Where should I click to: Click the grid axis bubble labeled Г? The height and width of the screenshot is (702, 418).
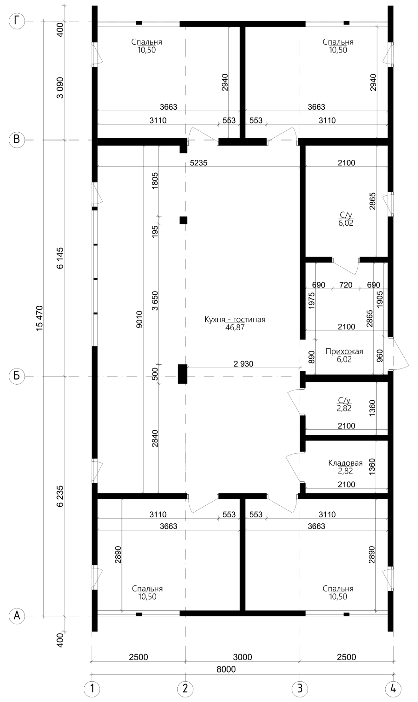17,21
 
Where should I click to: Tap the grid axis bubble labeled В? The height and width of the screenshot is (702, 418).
17,140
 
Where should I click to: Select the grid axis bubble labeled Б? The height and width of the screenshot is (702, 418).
17,375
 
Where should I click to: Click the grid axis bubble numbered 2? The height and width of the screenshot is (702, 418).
185,689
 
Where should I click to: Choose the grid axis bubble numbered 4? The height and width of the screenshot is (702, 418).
394,689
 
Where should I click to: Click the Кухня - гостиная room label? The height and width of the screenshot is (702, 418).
235,320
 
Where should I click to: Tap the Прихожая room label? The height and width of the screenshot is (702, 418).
344,351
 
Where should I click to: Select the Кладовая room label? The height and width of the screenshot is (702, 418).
345,463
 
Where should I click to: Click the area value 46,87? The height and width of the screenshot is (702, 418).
235,328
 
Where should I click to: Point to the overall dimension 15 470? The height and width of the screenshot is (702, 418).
40,318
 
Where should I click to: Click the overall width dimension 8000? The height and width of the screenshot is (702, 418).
226,669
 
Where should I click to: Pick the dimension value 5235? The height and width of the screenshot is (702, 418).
198,163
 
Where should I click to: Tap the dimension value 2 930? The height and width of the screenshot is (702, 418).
243,364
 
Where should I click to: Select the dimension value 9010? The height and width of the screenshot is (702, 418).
139,319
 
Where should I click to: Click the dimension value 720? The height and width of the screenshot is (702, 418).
346,285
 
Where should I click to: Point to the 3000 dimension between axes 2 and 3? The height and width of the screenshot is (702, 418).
243,657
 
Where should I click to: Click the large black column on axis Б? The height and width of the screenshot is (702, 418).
183,374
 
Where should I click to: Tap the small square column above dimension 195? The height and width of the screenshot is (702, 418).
184,220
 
